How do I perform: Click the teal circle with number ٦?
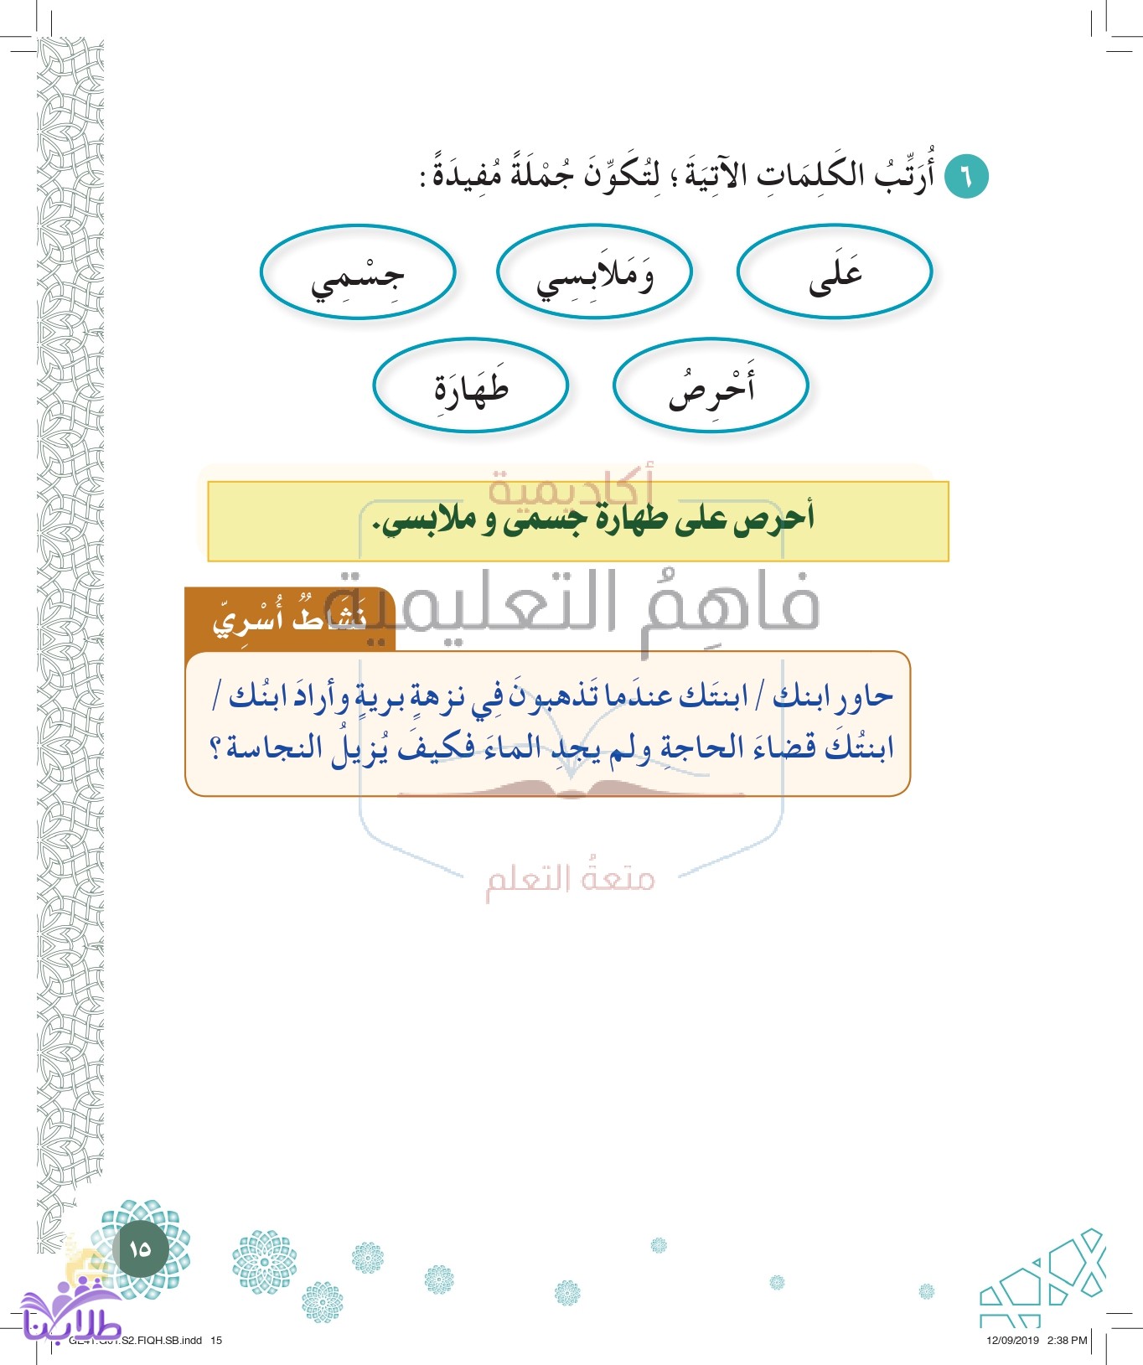click(x=966, y=177)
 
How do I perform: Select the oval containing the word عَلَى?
click(x=835, y=272)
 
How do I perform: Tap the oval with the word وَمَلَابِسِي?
click(x=594, y=272)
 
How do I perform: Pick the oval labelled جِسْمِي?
click(x=358, y=272)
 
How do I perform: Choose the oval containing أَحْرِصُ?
click(x=711, y=386)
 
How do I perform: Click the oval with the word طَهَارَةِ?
click(x=471, y=386)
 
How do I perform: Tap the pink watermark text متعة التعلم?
click(x=570, y=878)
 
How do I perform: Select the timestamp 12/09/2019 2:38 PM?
click(x=1036, y=1340)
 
